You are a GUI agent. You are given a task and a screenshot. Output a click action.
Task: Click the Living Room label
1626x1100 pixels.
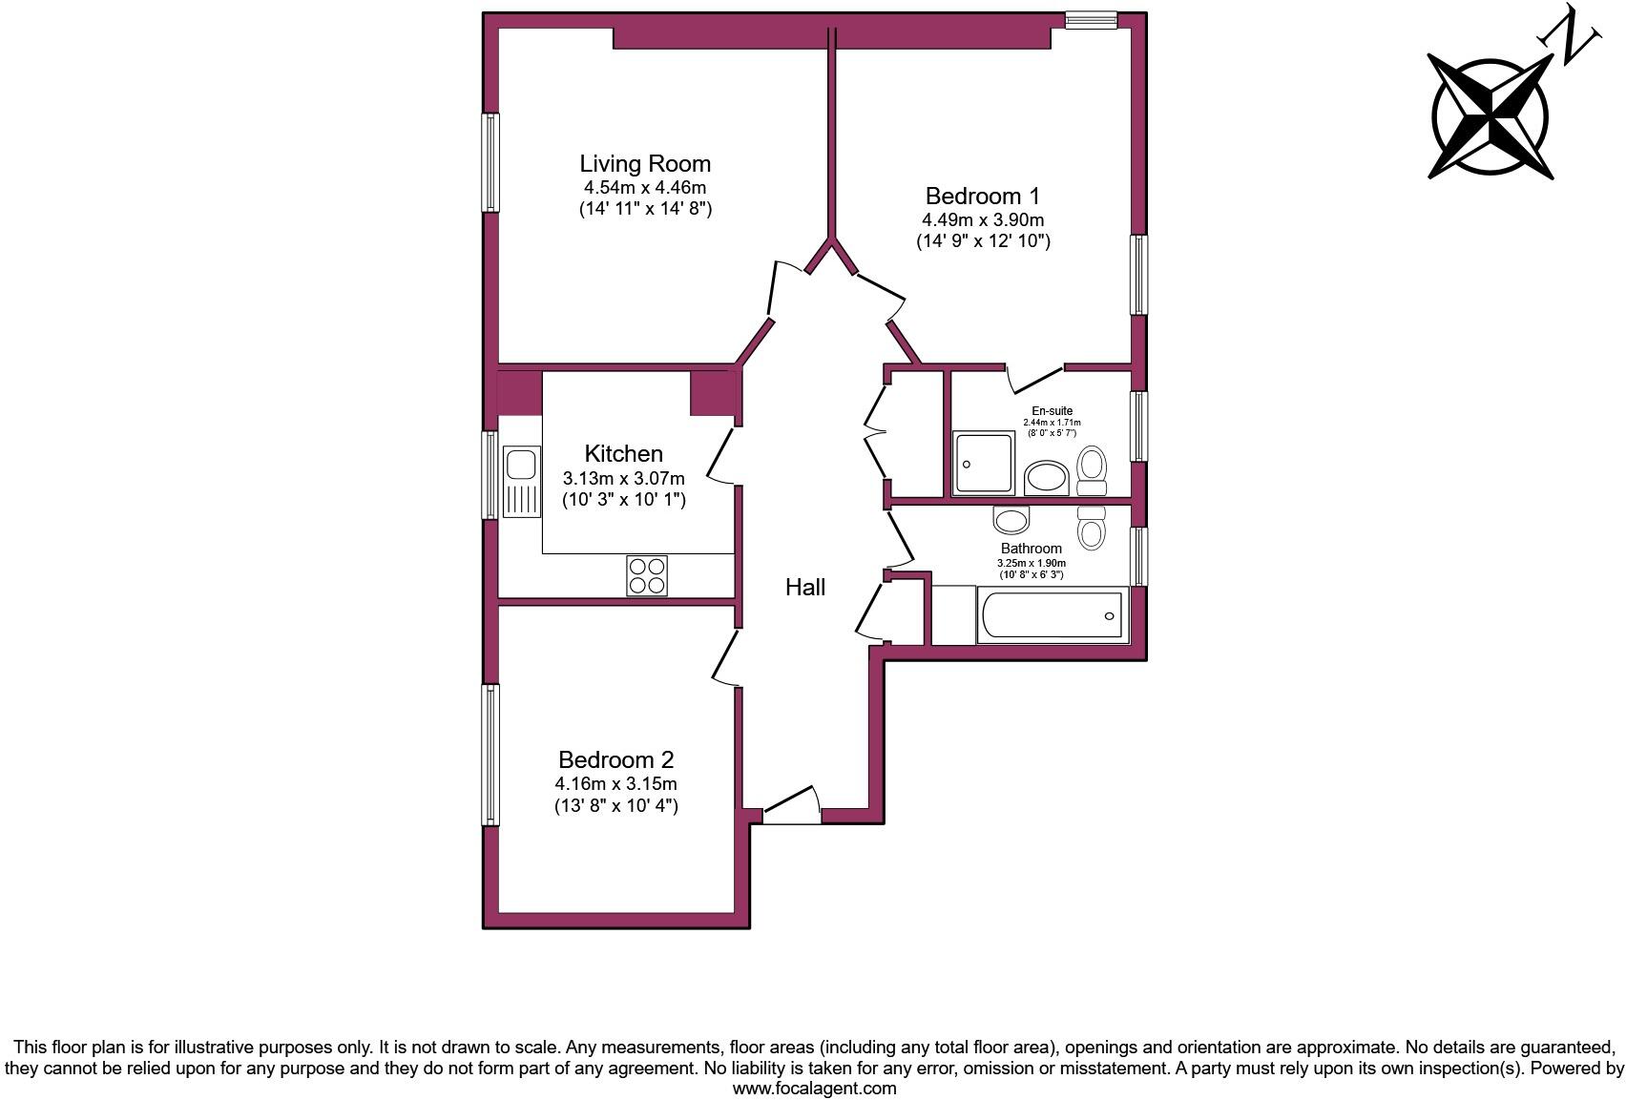(x=645, y=163)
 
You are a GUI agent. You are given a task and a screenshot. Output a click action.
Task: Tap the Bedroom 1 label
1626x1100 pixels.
(x=982, y=197)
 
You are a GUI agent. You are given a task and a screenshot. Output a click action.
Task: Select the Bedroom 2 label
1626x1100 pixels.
(x=615, y=760)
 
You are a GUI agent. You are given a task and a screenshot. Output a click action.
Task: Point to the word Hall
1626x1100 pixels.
(x=804, y=588)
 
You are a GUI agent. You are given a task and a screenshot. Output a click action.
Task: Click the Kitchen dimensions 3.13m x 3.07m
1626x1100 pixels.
(x=623, y=478)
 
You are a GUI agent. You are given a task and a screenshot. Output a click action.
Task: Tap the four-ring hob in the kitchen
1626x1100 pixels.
(x=647, y=575)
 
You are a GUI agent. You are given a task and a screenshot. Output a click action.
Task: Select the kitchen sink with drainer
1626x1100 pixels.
(x=521, y=482)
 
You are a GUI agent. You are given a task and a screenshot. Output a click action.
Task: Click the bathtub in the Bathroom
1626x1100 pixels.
(x=1052, y=615)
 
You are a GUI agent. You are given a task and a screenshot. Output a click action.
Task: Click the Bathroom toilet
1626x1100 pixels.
(x=1091, y=526)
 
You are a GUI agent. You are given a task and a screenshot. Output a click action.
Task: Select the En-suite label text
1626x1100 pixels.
(x=1052, y=411)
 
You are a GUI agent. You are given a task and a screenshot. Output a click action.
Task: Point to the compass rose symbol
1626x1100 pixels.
(x=1490, y=117)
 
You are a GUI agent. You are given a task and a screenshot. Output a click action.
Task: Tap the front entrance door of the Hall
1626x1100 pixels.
(x=792, y=806)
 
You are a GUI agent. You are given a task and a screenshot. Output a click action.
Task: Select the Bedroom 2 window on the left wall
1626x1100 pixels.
(x=490, y=754)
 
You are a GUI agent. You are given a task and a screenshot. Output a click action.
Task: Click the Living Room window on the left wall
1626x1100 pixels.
(x=490, y=162)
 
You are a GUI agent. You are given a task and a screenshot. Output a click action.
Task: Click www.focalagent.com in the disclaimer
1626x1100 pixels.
(x=814, y=1088)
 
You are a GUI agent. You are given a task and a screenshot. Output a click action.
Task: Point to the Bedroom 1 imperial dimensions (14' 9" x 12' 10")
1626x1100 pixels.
(x=983, y=241)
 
